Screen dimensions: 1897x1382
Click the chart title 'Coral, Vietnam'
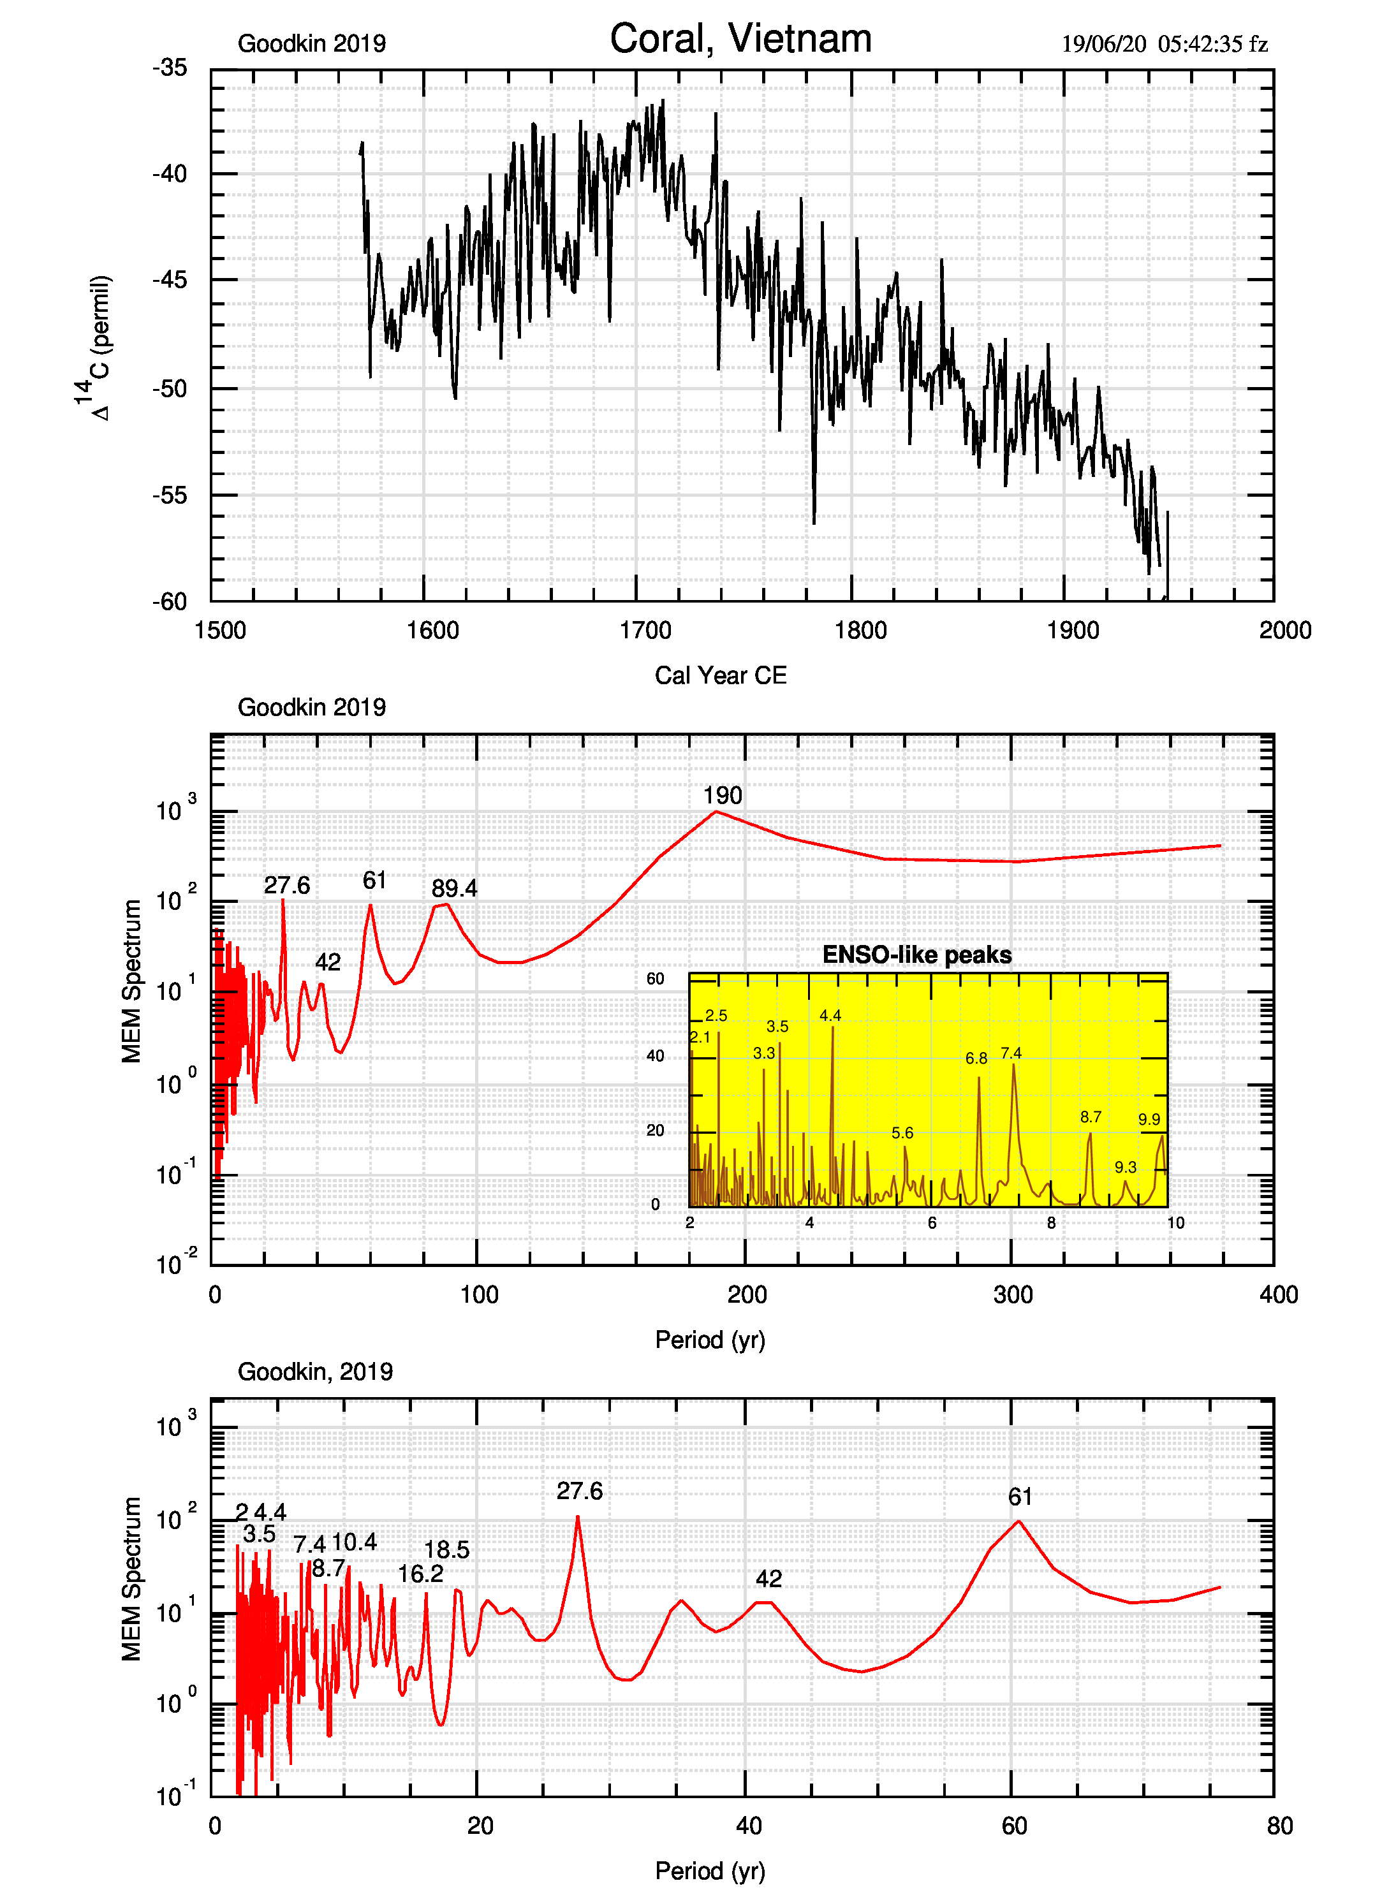740,40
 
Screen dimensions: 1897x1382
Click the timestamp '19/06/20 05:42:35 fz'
1164,45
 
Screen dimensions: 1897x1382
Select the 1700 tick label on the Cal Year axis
645,631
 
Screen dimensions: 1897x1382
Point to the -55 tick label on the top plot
170,495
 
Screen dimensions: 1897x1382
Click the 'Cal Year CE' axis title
720,676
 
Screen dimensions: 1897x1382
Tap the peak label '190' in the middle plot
722,795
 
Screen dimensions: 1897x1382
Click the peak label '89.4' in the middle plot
454,888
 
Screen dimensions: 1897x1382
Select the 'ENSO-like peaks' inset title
917,955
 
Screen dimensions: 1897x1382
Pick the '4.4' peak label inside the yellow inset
830,1015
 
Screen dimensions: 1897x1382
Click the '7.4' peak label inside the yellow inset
1011,1053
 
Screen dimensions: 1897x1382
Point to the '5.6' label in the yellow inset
902,1132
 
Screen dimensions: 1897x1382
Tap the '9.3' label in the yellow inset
1125,1167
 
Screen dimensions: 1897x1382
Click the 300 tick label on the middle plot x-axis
1013,1295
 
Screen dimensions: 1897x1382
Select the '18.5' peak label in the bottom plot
446,1550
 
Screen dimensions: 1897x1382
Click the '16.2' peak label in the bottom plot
420,1574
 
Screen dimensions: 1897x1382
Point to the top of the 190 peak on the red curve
716,811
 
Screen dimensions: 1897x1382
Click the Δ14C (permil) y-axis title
94,347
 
